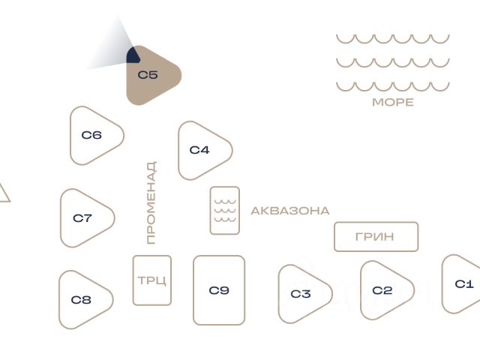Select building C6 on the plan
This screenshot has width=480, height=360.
tap(93, 136)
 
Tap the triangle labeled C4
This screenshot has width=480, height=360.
tap(201, 150)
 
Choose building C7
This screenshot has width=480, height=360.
tap(84, 218)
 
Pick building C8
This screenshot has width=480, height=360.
tap(82, 300)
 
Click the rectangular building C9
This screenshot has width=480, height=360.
tap(219, 290)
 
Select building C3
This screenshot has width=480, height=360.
tap(301, 294)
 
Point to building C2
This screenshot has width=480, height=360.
tap(383, 291)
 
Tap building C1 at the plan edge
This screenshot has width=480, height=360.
tap(463, 284)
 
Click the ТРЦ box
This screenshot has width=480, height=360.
tap(152, 280)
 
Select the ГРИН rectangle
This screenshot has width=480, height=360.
tap(376, 237)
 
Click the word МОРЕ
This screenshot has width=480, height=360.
tap(392, 102)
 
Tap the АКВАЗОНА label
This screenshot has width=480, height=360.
tap(289, 211)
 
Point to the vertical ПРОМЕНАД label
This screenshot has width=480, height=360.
tap(151, 202)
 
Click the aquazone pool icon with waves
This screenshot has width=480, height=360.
tap(225, 211)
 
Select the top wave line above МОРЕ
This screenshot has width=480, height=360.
tap(392, 38)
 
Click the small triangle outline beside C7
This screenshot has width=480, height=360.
tap(2, 193)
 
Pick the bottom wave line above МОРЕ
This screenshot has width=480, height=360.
tap(392, 86)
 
